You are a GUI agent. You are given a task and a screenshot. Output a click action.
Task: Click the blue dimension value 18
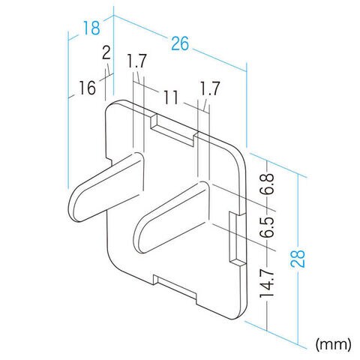pyautogui.click(x=91, y=28)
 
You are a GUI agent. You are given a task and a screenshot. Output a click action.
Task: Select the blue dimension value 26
pyautogui.click(x=180, y=44)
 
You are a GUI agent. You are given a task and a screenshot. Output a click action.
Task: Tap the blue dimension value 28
pyautogui.click(x=298, y=259)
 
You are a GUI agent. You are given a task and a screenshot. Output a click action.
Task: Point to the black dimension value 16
pyautogui.click(x=87, y=88)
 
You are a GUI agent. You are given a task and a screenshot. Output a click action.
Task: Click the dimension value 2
pyautogui.click(x=106, y=53)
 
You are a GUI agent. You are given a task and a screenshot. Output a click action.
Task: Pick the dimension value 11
pyautogui.click(x=171, y=97)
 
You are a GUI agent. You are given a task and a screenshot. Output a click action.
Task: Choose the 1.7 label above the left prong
pyautogui.click(x=136, y=61)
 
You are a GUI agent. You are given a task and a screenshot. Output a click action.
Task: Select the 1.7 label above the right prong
pyautogui.click(x=210, y=88)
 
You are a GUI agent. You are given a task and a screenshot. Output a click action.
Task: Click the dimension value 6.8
pyautogui.click(x=266, y=184)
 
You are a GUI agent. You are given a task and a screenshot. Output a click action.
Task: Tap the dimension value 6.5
pyautogui.click(x=266, y=227)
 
